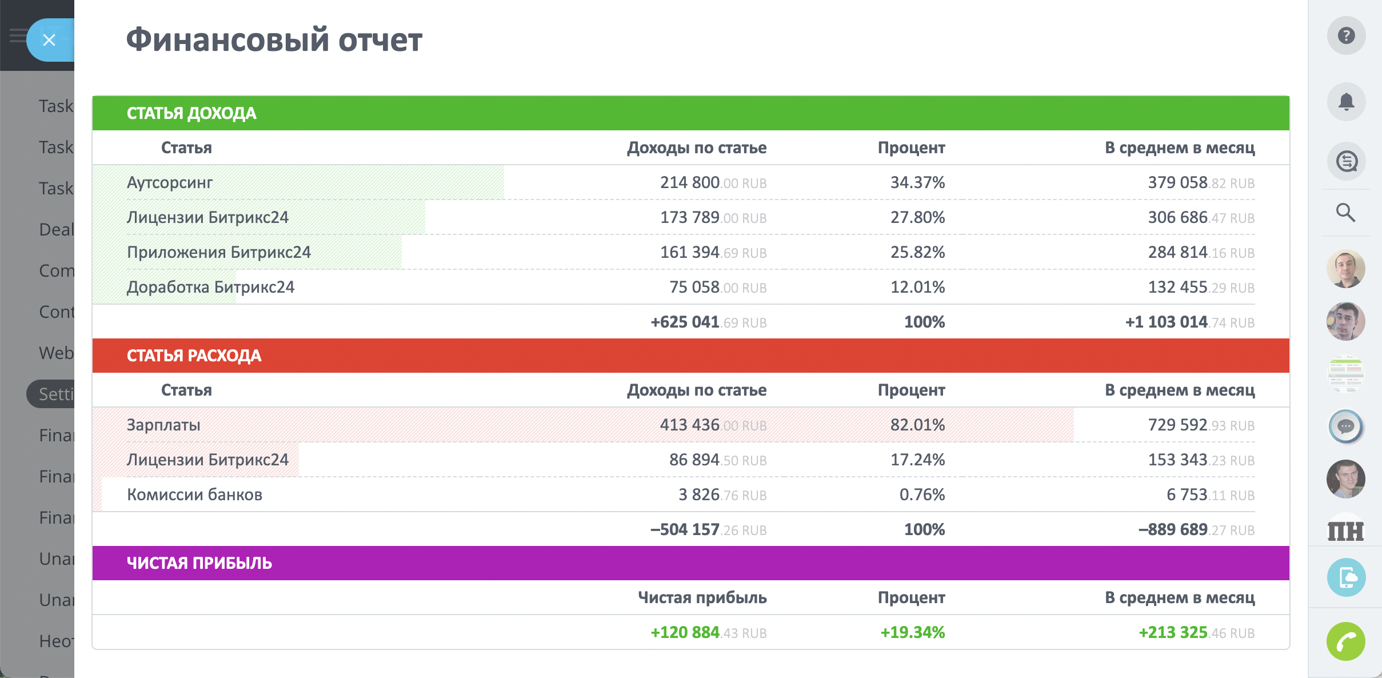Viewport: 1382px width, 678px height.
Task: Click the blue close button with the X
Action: (49, 40)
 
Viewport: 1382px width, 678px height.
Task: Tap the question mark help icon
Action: (1346, 36)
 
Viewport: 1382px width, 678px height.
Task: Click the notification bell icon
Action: (1346, 102)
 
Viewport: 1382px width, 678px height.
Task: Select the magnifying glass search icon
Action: (1345, 213)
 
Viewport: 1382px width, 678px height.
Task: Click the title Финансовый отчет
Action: (274, 40)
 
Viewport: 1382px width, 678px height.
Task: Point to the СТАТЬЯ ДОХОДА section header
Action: (191, 113)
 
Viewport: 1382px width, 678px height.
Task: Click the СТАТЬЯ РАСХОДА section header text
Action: (194, 356)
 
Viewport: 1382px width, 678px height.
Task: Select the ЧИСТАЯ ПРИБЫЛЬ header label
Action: (199, 563)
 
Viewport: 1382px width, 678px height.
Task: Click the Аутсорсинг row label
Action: (169, 183)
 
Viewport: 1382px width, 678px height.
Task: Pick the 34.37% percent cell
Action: (917, 183)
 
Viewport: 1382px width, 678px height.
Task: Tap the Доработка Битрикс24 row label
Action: (210, 287)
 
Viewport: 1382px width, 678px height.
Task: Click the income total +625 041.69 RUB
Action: (708, 322)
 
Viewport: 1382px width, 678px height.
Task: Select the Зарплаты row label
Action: (163, 425)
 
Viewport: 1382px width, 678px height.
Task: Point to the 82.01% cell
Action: (917, 425)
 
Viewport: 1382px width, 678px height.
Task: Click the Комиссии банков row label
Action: (194, 495)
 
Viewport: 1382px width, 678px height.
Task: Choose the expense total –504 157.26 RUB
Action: (708, 530)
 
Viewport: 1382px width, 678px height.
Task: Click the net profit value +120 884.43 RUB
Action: (708, 633)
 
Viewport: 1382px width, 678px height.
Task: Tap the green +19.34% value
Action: (912, 633)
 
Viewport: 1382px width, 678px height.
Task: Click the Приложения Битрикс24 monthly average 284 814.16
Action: (1201, 253)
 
